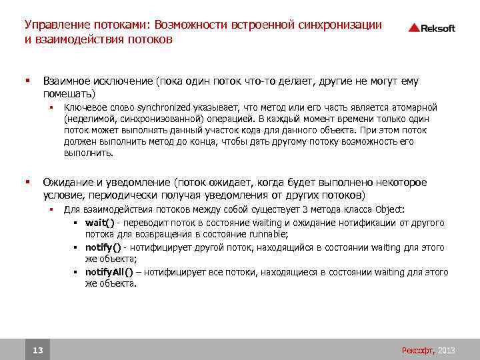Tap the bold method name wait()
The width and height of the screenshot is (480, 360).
tap(99, 223)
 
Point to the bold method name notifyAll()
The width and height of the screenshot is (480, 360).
tap(109, 272)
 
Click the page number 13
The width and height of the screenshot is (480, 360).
tap(37, 350)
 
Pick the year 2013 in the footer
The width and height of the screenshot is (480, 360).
tap(446, 350)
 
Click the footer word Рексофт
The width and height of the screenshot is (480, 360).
tap(417, 350)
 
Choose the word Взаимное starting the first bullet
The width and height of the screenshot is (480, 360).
tap(67, 81)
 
